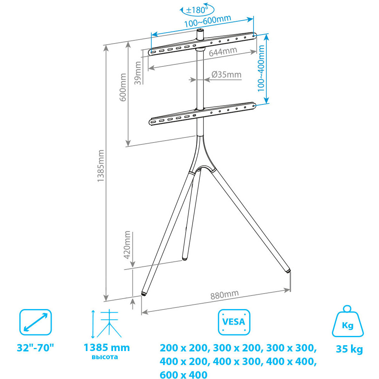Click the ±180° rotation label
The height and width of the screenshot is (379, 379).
coord(197,10)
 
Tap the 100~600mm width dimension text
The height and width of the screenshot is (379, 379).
coord(208,21)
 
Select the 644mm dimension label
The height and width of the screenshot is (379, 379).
coord(223,52)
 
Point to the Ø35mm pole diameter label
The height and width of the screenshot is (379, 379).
coord(226,75)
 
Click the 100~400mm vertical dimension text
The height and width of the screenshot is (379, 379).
coord(261,69)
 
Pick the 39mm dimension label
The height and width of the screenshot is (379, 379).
coord(138,73)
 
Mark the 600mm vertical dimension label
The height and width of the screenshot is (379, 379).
coord(123,87)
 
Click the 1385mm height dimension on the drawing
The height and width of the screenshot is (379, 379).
coord(100,166)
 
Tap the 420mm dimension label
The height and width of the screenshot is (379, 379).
coord(127,245)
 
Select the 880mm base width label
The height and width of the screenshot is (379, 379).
coord(224,295)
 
